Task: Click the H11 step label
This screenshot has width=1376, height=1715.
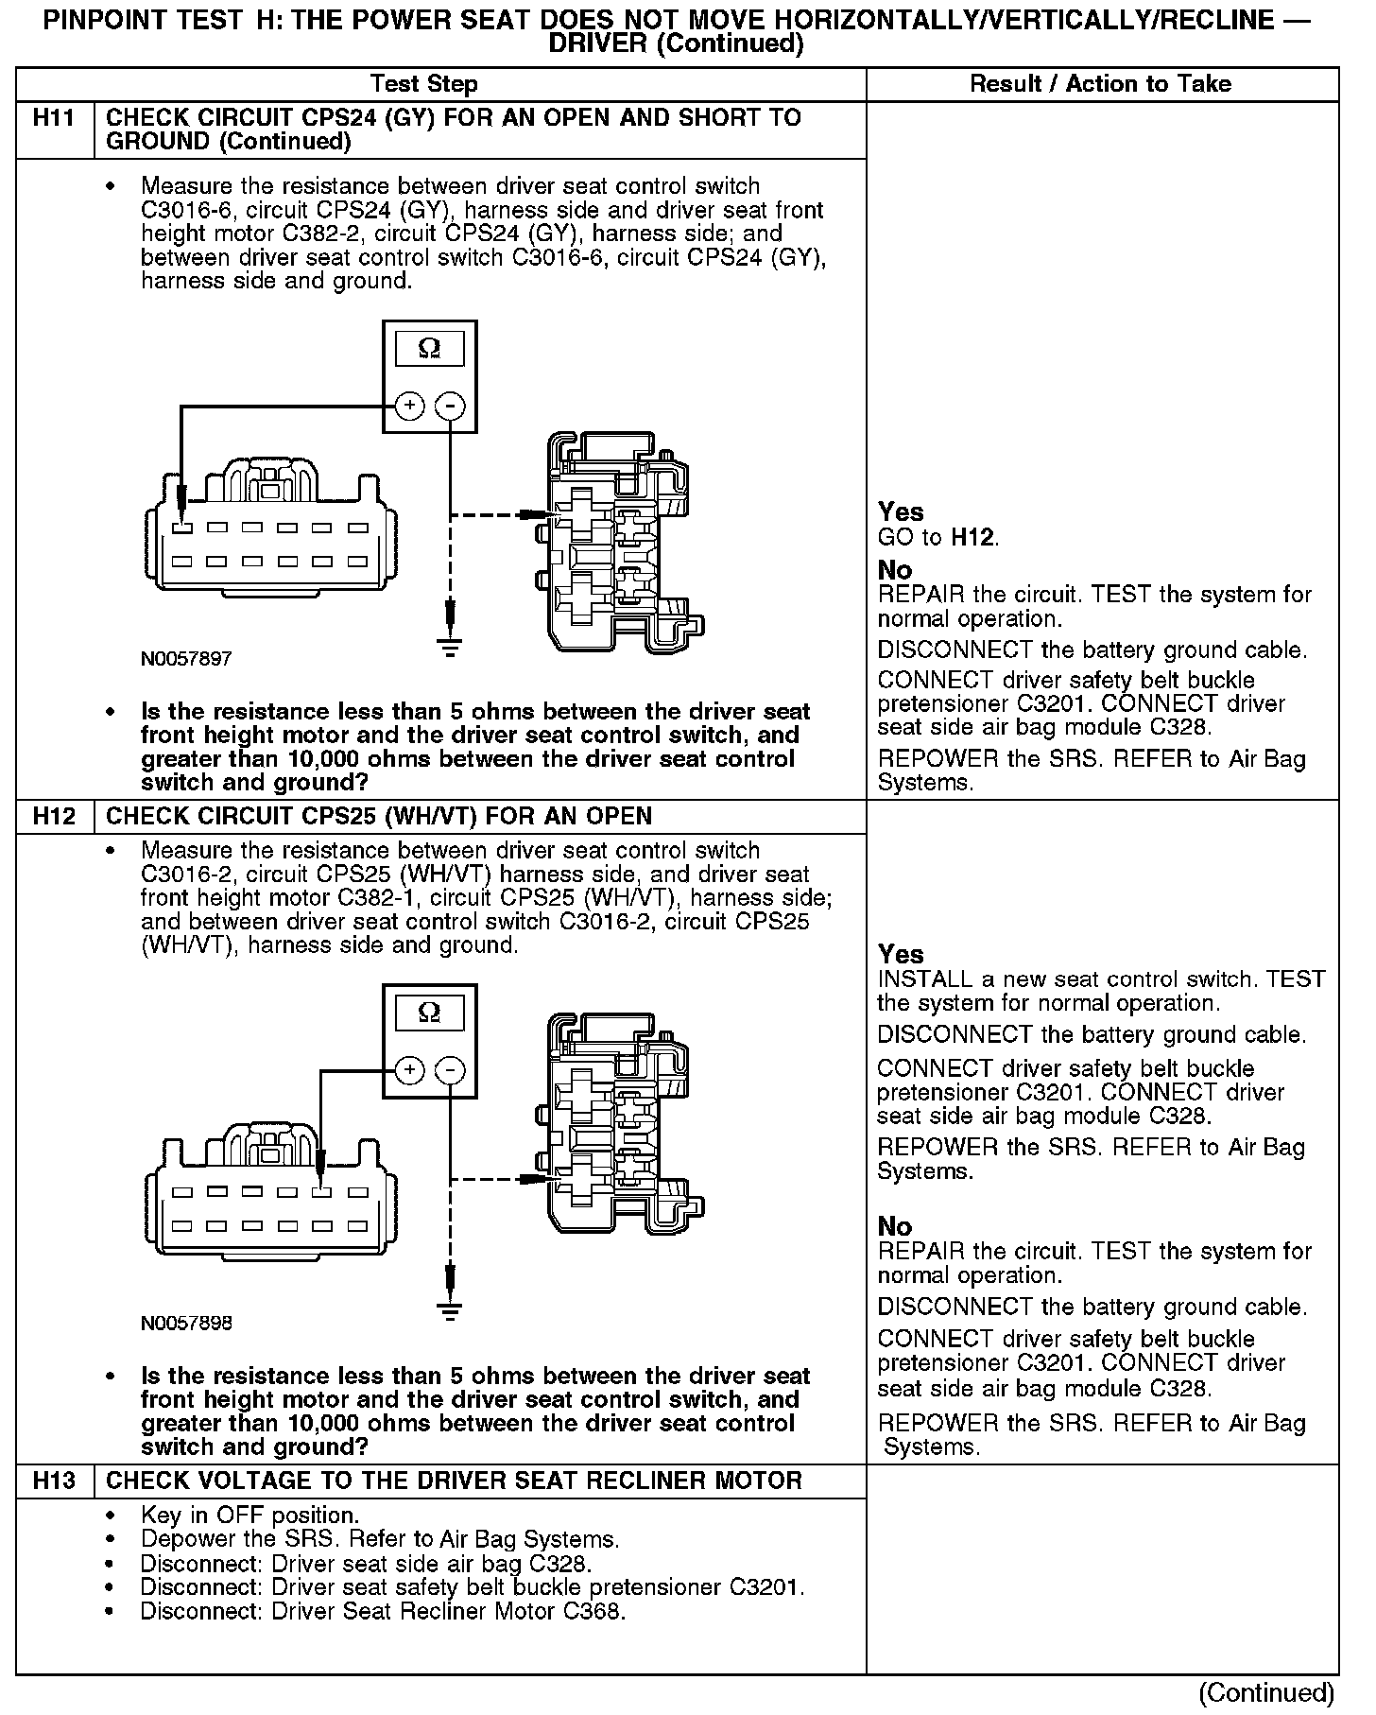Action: pos(54,118)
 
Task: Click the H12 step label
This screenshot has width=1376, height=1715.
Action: pos(54,816)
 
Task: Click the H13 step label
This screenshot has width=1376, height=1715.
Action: pos(54,1481)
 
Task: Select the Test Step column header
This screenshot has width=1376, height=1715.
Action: pos(424,84)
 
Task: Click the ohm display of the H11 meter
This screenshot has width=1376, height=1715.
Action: pos(429,349)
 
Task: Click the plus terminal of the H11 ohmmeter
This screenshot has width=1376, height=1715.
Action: pos(409,407)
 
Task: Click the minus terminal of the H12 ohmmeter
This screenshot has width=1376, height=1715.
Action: pos(450,1070)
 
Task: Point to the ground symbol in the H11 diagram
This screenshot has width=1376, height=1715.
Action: pos(451,647)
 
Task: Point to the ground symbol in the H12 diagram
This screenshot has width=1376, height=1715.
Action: pos(451,1310)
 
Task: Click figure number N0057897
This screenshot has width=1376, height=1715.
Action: pos(186,659)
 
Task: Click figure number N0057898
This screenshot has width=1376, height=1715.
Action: pos(186,1323)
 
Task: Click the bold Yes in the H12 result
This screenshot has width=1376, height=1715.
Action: pos(900,954)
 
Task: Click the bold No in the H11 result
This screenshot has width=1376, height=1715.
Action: pos(894,570)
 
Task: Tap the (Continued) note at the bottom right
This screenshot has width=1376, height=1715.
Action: pos(1265,1692)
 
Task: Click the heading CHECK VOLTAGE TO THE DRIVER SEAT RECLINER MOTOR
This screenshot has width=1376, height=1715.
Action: pos(454,1481)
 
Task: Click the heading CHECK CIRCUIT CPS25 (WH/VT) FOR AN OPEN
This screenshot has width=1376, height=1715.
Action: pos(379,816)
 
